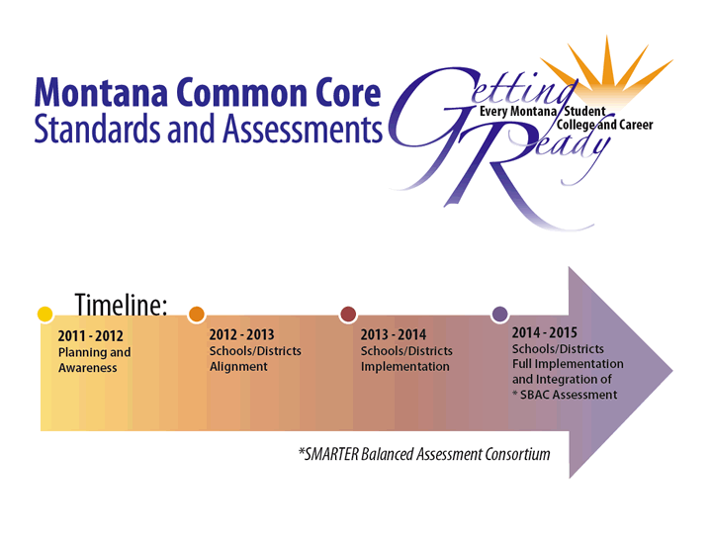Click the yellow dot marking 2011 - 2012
tap(44, 315)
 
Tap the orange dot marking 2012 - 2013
tap(196, 315)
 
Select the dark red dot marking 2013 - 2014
tap(348, 315)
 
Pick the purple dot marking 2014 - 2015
tap(500, 315)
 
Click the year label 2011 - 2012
tap(91, 336)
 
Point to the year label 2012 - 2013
tap(241, 335)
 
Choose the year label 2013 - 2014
tap(394, 335)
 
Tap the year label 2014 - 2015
tap(544, 333)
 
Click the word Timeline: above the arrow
tap(121, 305)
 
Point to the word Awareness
tap(87, 368)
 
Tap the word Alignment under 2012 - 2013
tap(238, 367)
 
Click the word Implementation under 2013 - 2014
tap(404, 367)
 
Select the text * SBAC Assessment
tap(564, 395)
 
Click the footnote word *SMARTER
tap(334, 454)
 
